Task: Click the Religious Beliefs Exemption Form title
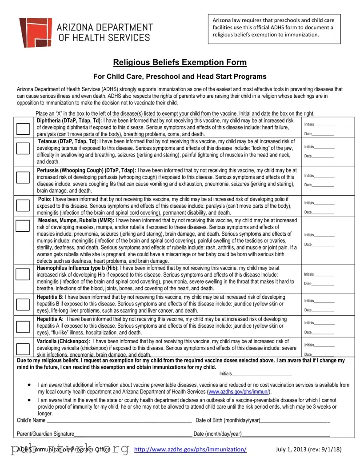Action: coord(180,62)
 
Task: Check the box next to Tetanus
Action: coord(23,149)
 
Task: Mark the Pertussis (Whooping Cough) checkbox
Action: coord(23,177)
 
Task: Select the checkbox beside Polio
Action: coord(23,205)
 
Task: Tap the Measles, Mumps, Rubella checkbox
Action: coord(23,225)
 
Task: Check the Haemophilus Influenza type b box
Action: coord(23,274)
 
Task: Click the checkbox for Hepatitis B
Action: coord(23,304)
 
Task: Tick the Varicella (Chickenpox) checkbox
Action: coord(23,349)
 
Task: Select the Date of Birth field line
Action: coord(295,421)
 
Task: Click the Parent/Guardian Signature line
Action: coord(133,434)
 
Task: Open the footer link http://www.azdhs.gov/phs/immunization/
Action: coord(190,450)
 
